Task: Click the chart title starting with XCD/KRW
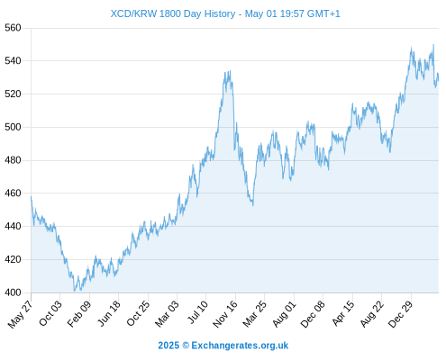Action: tap(225, 13)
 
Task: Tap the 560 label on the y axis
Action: tap(13, 28)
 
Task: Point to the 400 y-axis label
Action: tap(13, 292)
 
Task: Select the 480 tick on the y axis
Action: tap(13, 160)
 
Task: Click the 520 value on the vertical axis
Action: tap(13, 94)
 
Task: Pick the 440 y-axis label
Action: tap(13, 226)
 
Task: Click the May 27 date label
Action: tap(21, 314)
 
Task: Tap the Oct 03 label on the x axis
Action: tap(50, 313)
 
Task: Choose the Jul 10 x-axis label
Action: tap(197, 312)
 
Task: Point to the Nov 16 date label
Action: tap(225, 314)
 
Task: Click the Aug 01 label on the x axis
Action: tap(284, 314)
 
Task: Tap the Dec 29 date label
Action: tap(400, 314)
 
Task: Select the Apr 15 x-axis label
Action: tap(343, 313)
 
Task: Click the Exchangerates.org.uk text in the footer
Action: tap(240, 346)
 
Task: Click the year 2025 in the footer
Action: tap(168, 346)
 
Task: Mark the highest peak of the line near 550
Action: tap(433, 45)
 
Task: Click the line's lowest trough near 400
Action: tap(75, 291)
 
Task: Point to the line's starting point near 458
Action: tap(32, 197)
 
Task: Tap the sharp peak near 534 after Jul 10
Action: tap(230, 71)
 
